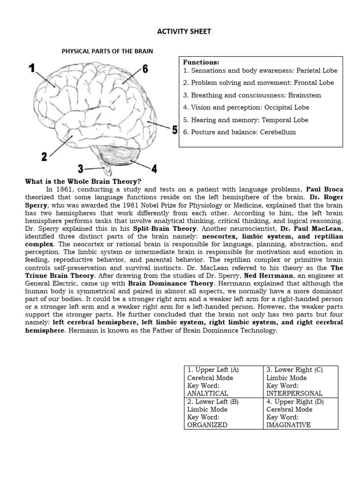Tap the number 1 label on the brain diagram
[x=31, y=69]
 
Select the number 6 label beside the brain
[x=145, y=69]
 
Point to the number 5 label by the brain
[x=174, y=129]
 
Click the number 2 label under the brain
[x=44, y=157]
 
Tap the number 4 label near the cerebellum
[x=154, y=167]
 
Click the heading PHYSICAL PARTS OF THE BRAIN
[x=107, y=51]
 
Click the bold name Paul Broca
[x=323, y=190]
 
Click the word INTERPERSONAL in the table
[x=294, y=393]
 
